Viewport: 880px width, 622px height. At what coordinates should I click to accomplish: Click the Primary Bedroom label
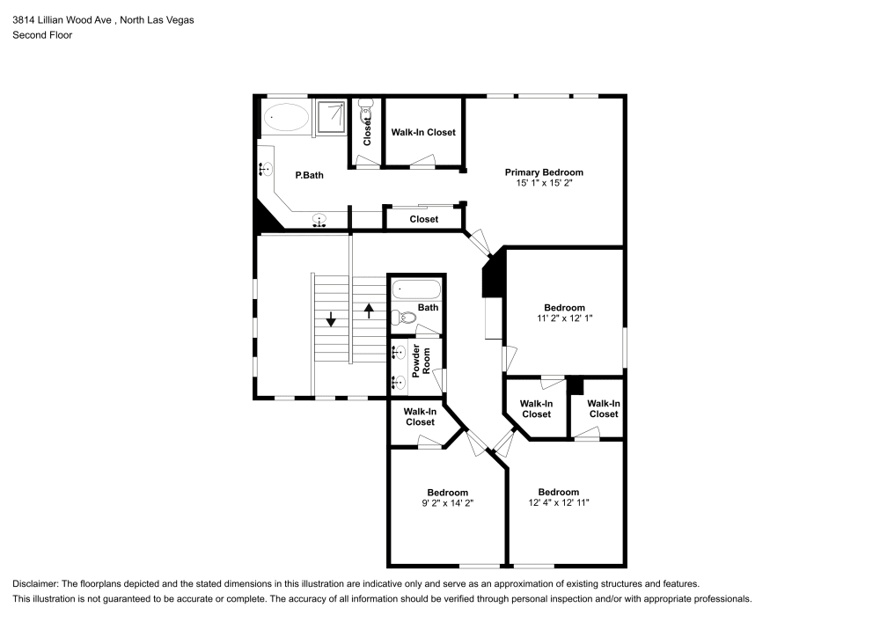543,172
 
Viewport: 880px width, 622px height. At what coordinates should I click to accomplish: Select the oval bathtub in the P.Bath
285,115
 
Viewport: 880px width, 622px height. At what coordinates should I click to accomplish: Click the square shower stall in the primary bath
332,116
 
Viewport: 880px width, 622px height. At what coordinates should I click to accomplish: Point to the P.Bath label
309,175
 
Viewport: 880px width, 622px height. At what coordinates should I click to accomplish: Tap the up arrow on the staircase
369,311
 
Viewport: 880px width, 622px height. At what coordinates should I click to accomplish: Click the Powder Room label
422,359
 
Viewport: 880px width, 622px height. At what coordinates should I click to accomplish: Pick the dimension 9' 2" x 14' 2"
447,503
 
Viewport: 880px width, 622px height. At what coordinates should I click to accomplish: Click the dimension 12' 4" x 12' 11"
559,503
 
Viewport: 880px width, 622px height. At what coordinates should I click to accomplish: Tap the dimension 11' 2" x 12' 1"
564,318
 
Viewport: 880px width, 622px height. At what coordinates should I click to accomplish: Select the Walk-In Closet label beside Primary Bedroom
423,132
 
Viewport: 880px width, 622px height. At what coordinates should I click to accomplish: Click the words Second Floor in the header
42,35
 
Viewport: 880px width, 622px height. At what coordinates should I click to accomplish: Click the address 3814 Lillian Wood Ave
62,19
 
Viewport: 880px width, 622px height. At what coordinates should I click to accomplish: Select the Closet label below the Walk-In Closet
423,219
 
